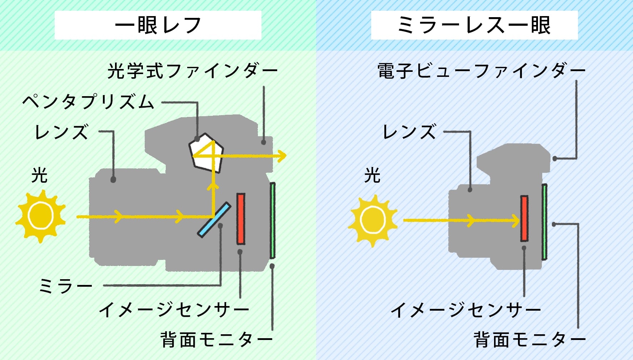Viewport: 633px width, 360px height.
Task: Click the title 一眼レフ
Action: pyautogui.click(x=158, y=25)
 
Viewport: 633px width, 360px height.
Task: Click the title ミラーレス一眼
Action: pyautogui.click(x=474, y=25)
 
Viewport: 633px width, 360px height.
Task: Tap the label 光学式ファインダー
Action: pyautogui.click(x=192, y=71)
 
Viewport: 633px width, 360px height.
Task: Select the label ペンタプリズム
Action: pyautogui.click(x=88, y=102)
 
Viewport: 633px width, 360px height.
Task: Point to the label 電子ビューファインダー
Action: pyautogui.click(x=481, y=71)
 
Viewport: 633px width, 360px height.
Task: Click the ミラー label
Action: pyautogui.click(x=65, y=286)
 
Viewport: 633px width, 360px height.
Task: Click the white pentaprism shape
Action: pyautogui.click(x=206, y=152)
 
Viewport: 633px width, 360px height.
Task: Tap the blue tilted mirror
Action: pyautogui.click(x=214, y=220)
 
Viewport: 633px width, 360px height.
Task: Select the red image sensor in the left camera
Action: pyautogui.click(x=241, y=219)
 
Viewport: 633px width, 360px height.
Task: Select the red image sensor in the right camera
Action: pyautogui.click(x=524, y=218)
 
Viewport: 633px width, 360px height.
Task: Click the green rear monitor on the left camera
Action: pyautogui.click(x=272, y=220)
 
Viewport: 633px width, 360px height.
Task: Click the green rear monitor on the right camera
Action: pyautogui.click(x=544, y=222)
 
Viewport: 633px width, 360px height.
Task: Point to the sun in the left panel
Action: pyautogui.click(x=40, y=216)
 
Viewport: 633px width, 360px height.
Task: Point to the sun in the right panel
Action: pyautogui.click(x=373, y=220)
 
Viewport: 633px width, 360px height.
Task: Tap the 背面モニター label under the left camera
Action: pyautogui.click(x=216, y=340)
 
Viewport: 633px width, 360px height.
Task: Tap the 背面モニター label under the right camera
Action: pyautogui.click(x=529, y=340)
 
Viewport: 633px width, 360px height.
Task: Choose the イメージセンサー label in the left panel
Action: pyautogui.click(x=174, y=310)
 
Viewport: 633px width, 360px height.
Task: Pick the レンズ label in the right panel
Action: pyautogui.click(x=409, y=132)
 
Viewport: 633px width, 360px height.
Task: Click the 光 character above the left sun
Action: pyautogui.click(x=39, y=175)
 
